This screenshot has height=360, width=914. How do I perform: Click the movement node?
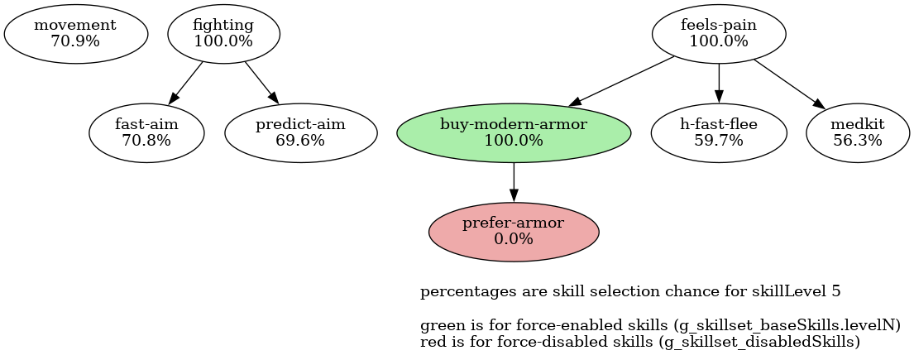pos(75,34)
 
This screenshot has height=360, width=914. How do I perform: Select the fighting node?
pos(223,34)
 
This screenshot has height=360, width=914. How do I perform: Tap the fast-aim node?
pos(146,132)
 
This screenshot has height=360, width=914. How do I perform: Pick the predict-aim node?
pos(301,132)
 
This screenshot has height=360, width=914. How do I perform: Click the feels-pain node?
pos(719,34)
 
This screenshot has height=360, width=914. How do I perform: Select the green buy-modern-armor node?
pos(514,132)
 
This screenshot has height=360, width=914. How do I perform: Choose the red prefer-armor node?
pos(514,231)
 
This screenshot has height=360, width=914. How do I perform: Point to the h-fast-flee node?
pos(719,132)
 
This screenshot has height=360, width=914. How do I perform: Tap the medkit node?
pos(858,132)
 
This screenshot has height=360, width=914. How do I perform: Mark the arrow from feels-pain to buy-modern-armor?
pos(620,81)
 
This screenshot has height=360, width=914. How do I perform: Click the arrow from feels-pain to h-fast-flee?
pos(719,83)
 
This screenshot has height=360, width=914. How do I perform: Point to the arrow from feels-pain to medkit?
pos(790,84)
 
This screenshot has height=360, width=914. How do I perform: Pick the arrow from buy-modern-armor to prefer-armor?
pos(514,181)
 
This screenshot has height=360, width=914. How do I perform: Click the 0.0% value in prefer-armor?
pos(514,239)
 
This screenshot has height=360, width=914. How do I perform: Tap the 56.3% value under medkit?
pos(858,141)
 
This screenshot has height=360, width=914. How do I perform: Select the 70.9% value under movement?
pos(75,42)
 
